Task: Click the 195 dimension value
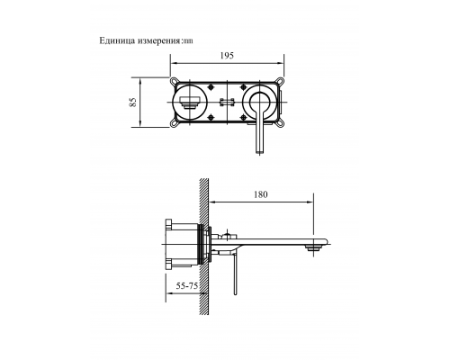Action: (x=227, y=56)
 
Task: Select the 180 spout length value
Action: (x=261, y=193)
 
